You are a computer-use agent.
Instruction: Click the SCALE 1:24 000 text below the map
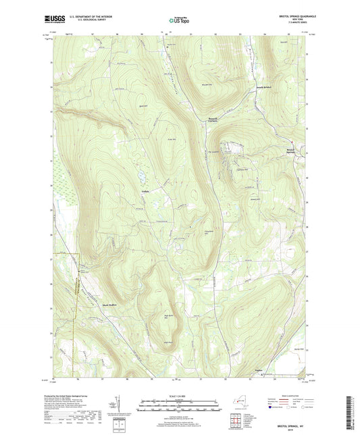pyautogui.click(x=179, y=396)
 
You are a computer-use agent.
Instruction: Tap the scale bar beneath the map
pyautogui.click(x=179, y=408)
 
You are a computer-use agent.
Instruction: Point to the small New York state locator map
pyautogui.click(x=240, y=402)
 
